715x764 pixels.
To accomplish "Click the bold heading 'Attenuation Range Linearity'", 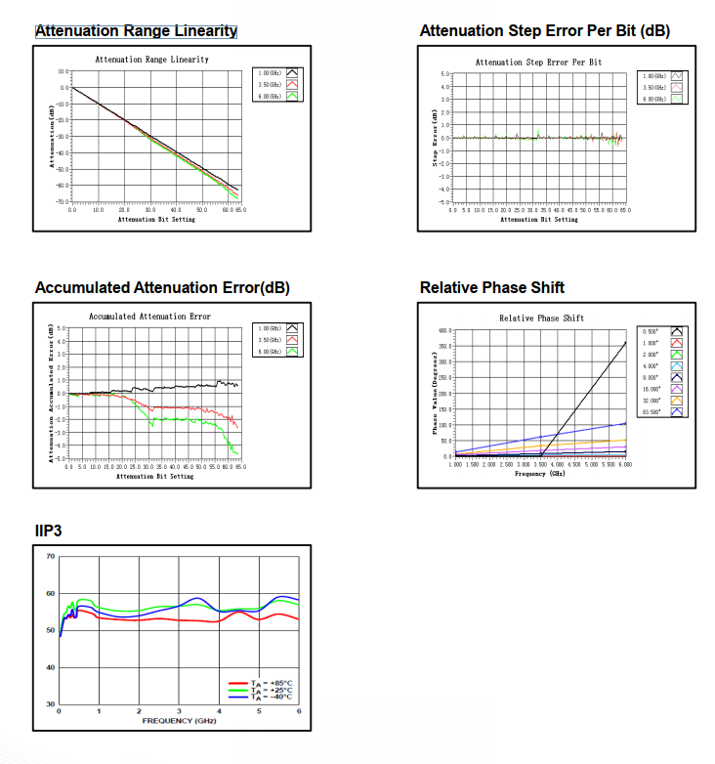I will (136, 31).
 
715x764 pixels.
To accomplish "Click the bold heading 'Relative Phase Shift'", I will (491, 287).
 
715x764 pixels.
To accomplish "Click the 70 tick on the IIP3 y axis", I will (50, 557).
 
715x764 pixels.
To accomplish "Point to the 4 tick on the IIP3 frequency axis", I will (219, 711).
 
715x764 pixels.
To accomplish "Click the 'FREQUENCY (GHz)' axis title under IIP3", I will (179, 720).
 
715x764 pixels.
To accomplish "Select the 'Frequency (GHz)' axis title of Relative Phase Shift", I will (540, 474).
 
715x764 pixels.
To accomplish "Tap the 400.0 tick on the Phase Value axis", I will (444, 331).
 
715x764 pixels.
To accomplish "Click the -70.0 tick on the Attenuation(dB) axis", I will (62, 200).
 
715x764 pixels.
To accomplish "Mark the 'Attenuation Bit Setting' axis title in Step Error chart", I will (539, 219).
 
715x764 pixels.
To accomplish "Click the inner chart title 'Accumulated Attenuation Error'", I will (149, 317).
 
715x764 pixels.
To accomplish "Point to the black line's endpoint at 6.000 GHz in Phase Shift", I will (625, 341).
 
